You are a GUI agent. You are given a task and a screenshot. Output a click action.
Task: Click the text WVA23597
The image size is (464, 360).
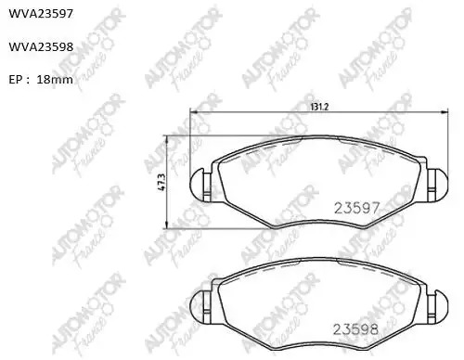[x=41, y=14]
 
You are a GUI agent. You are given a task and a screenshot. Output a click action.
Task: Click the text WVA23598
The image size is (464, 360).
[x=41, y=46]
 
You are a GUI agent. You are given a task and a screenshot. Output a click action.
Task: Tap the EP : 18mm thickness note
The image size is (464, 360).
[x=41, y=80]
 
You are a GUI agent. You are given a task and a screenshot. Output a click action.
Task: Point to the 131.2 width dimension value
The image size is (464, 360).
[x=319, y=107]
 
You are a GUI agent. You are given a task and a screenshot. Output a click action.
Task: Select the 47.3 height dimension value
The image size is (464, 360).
[x=161, y=182]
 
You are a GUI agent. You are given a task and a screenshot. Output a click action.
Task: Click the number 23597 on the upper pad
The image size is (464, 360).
[x=356, y=208]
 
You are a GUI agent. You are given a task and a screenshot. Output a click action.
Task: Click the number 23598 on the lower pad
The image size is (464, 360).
[x=355, y=329]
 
